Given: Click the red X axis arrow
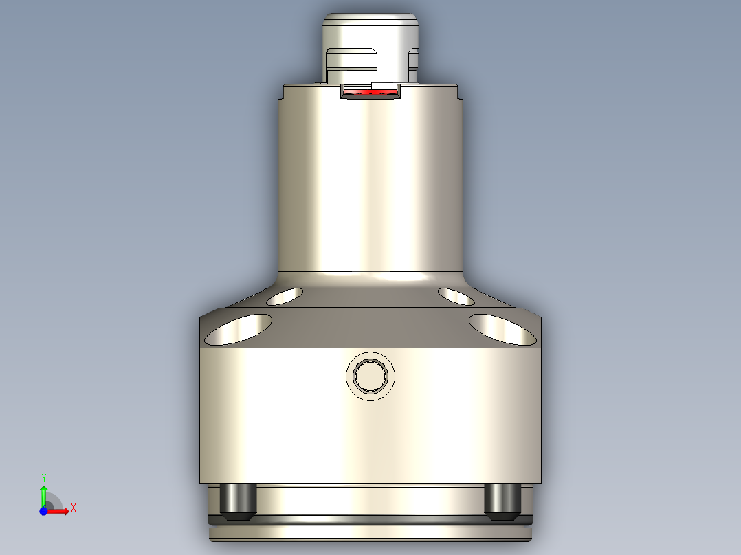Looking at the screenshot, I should (x=60, y=510).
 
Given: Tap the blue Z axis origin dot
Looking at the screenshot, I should (x=43, y=511).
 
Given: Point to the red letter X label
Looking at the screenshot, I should (x=74, y=508).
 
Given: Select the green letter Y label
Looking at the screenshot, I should (x=43, y=477).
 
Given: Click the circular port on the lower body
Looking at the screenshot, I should (x=370, y=376).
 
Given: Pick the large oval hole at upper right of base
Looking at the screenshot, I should (x=502, y=329).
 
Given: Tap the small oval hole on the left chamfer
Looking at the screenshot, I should (x=285, y=296).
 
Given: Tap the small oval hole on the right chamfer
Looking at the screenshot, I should (x=456, y=296).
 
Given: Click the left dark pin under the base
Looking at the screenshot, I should (x=238, y=500).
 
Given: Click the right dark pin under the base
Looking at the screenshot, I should (x=502, y=500).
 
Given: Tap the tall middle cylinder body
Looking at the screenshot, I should (x=370, y=185).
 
